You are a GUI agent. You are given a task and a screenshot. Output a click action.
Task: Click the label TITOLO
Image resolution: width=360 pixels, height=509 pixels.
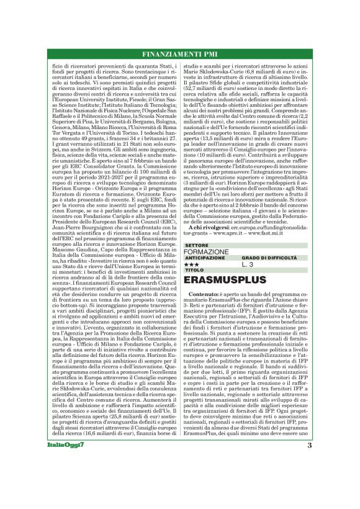tap(193, 271)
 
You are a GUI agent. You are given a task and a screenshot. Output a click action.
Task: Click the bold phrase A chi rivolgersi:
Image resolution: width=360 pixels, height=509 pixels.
tap(209, 227)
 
